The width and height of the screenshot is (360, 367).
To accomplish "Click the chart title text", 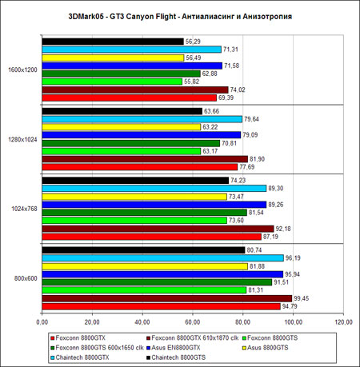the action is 180,17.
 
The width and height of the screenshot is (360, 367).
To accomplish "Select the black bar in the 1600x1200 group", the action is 113,42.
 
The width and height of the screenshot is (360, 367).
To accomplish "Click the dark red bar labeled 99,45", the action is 167,298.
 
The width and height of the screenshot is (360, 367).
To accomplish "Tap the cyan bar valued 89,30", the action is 154,189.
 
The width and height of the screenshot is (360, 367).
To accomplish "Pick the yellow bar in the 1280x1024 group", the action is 122,127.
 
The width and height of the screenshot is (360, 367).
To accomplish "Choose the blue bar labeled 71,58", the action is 132,66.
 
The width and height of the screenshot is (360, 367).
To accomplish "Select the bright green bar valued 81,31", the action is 144,290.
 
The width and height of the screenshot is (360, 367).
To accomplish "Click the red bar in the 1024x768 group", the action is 152,237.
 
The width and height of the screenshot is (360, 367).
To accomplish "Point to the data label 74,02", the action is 238,90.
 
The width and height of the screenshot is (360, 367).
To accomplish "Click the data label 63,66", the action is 211,111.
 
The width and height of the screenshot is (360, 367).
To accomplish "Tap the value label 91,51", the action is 281,282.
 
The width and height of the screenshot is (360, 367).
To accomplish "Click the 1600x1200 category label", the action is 22,70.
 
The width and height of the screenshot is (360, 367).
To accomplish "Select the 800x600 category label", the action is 26,278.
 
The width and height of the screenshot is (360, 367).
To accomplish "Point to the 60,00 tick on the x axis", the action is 193,322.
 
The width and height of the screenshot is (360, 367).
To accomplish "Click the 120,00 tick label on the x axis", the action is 343,322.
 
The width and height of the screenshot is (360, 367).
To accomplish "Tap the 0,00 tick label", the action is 42,322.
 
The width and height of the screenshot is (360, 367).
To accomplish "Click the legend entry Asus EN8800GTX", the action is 174,348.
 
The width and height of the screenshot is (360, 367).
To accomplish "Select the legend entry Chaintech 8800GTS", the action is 176,357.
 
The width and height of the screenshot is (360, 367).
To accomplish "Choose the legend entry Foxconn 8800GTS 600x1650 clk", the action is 97,348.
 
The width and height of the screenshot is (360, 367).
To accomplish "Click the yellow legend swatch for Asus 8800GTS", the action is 244,348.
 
